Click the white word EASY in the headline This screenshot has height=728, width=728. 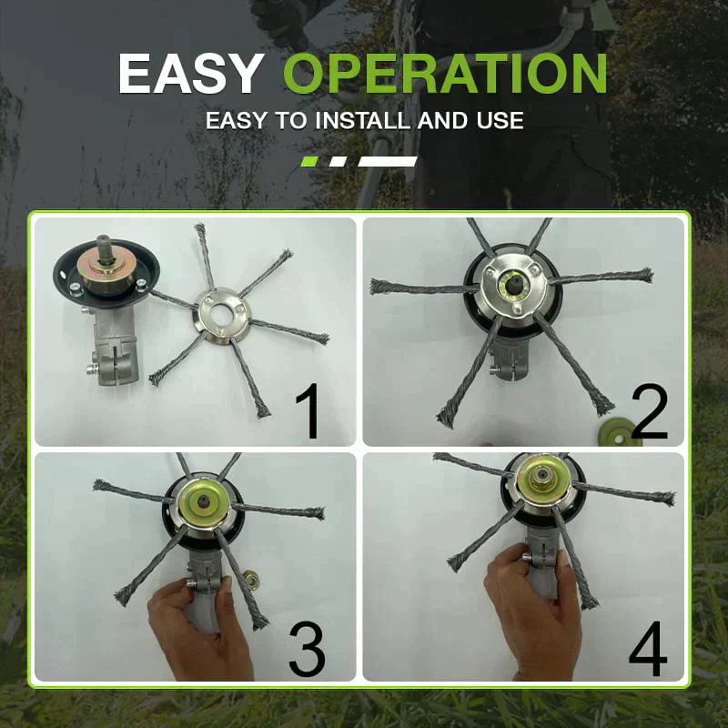pos(191,74)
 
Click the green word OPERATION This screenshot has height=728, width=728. pos(444,74)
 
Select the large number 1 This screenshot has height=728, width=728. pos(310,410)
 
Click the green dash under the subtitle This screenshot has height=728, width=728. pos(308,161)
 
